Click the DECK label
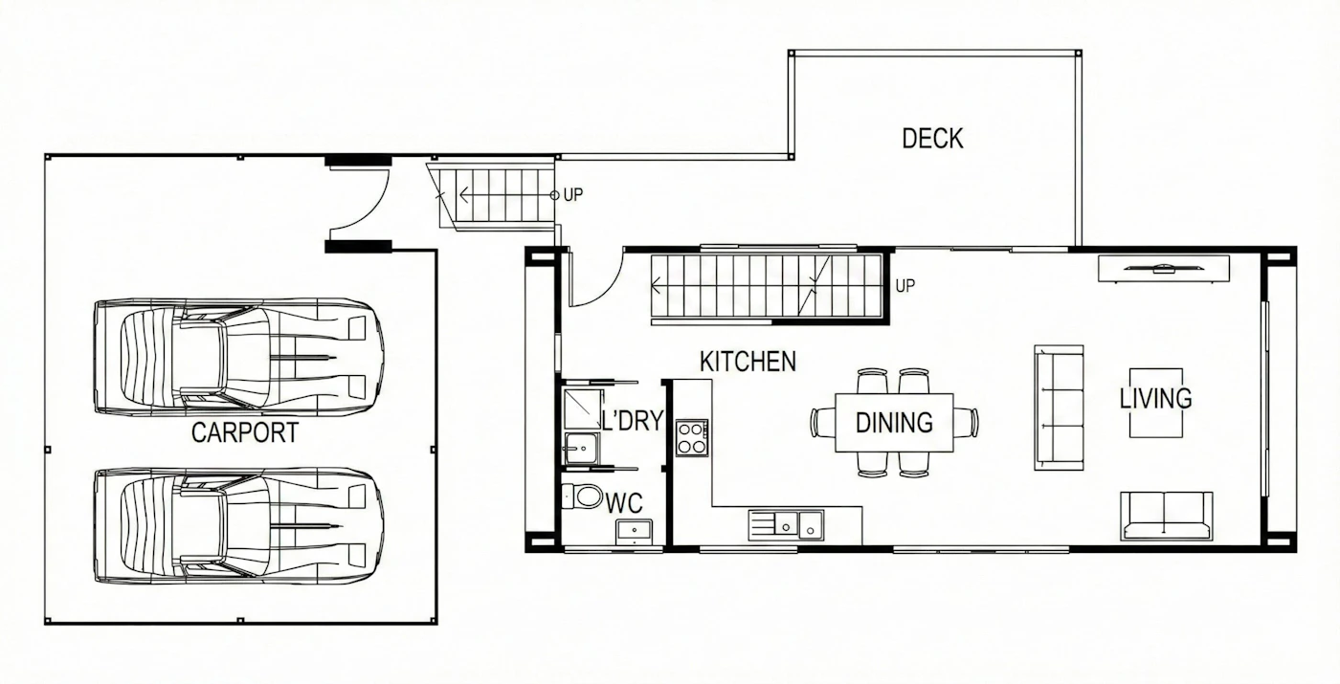[932, 139]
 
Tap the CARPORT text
[245, 432]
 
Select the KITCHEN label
[748, 362]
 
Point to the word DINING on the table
[894, 423]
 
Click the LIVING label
[1155, 398]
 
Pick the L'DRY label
[633, 421]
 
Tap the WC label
[624, 503]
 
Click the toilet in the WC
[582, 496]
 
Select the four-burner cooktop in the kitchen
[692, 438]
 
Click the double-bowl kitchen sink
[786, 525]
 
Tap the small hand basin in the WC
[634, 531]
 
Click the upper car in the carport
[238, 357]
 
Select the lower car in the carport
[238, 526]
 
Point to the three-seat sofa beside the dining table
[1059, 408]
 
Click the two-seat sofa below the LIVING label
[1166, 516]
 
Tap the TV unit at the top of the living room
[1164, 269]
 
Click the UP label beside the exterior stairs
[573, 195]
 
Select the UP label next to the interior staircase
[905, 286]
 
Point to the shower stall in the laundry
[583, 409]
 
